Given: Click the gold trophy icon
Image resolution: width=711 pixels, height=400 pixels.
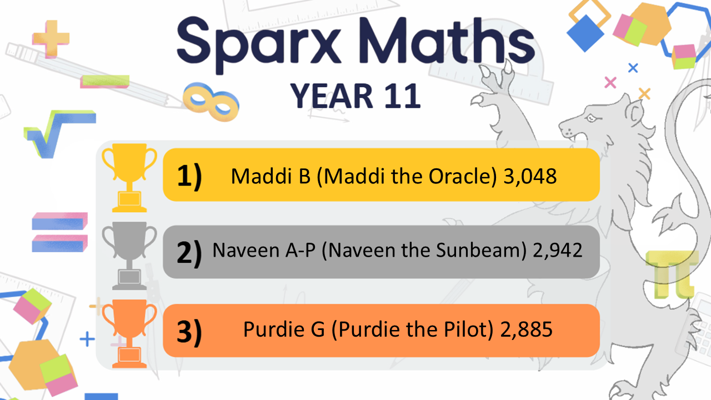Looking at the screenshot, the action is click(129, 178).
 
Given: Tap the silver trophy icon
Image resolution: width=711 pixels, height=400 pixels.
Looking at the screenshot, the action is click(129, 256).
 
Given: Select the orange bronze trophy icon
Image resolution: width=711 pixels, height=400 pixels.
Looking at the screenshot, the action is click(129, 333).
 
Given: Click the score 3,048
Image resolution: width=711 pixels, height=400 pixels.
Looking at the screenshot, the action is click(530, 176).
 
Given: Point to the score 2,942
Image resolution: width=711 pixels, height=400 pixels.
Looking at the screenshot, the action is click(557, 250).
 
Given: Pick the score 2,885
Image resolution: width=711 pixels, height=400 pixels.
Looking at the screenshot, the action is click(526, 329).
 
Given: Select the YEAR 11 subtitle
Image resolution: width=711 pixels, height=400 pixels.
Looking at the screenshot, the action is click(355, 96).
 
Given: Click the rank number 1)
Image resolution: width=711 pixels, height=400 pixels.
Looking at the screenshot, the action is click(189, 176).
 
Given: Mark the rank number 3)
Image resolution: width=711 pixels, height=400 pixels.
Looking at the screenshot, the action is click(189, 332).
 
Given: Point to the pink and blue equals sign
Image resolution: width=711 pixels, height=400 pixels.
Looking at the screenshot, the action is click(59, 232).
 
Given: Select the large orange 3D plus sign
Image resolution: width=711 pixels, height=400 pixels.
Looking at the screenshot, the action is click(51, 39).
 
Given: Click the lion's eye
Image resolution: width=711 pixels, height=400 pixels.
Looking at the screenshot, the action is click(592, 118).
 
